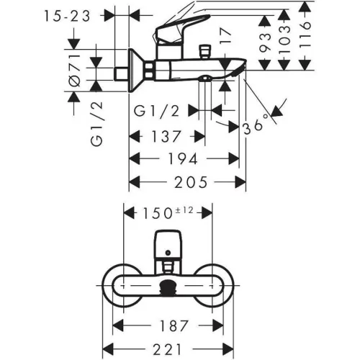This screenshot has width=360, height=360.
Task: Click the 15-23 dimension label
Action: click(67, 17)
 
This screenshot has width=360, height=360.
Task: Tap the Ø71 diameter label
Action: click(75, 70)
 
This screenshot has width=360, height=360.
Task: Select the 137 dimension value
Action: click(166, 136)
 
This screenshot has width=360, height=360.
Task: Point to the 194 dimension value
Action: click(183, 158)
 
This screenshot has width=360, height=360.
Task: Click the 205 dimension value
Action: click(191, 182)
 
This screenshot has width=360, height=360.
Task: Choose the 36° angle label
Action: click(256, 125)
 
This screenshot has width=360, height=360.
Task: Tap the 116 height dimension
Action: click(305, 35)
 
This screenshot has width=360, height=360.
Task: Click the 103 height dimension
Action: click(285, 39)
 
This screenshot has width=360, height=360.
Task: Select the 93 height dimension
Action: click(265, 42)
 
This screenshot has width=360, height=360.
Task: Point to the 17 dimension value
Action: click(226, 36)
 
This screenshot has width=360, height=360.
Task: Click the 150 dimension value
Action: click(157, 213)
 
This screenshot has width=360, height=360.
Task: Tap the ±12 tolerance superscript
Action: click(184, 210)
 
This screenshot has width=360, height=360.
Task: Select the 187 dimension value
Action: click(174, 325)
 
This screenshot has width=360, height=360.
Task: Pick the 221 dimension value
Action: click(167, 349)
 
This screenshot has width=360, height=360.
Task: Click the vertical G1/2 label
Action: click(96, 124)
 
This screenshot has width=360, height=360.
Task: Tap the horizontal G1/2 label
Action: click(156, 111)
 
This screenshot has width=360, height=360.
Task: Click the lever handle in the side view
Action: click(181, 27)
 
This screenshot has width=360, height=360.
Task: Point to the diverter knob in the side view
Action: click(204, 52)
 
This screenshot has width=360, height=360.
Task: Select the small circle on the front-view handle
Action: click(168, 252)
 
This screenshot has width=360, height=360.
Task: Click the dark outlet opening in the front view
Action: click(168, 287)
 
